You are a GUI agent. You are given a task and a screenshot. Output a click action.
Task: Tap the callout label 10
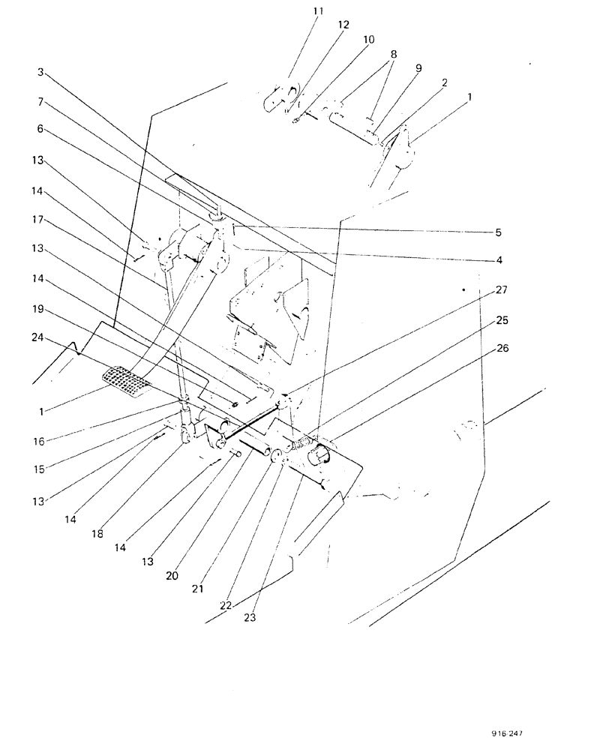(369, 38)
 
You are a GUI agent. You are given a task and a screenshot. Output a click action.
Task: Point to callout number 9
(418, 67)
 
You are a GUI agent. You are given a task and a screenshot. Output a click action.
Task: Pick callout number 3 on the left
(41, 73)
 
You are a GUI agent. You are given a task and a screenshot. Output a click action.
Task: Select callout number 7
(41, 100)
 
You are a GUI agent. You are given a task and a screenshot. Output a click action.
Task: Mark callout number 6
(41, 129)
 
